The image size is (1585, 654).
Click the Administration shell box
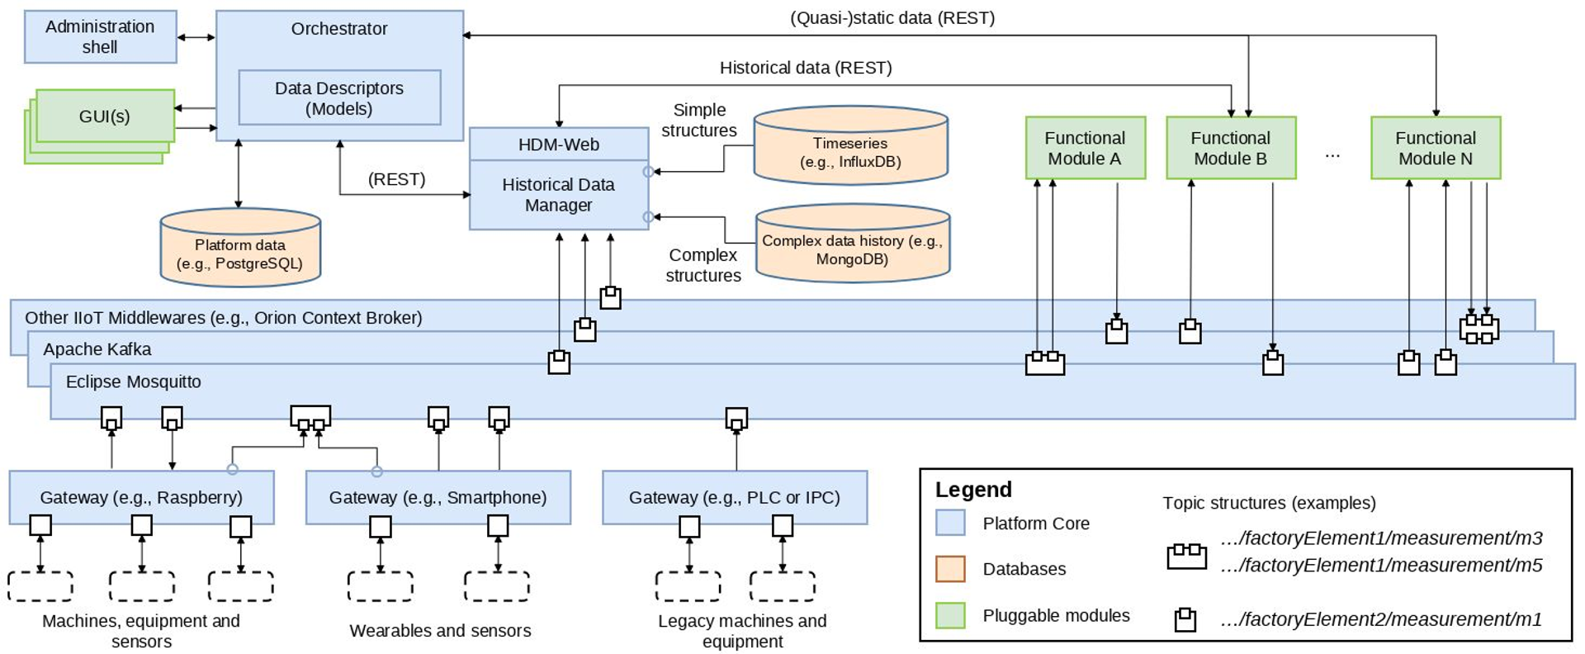click(100, 36)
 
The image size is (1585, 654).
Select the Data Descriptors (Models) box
click(339, 97)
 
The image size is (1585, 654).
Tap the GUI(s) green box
click(105, 116)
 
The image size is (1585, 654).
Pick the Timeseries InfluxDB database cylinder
click(850, 149)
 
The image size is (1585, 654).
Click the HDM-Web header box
click(559, 145)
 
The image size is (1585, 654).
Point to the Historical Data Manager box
click(559, 195)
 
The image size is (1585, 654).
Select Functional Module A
click(1085, 148)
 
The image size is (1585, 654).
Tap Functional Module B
click(1230, 148)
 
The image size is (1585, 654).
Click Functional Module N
click(1435, 148)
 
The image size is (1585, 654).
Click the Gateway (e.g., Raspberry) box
click(141, 497)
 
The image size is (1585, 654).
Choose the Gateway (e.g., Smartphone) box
click(438, 497)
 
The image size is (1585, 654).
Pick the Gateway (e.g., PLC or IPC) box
click(734, 497)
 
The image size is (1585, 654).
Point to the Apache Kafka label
click(97, 349)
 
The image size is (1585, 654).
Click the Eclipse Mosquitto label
click(134, 381)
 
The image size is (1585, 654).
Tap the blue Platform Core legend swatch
click(950, 523)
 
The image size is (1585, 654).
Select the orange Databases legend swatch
click(950, 569)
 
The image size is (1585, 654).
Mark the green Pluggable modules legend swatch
click(950, 615)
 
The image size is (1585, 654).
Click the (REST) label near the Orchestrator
click(397, 179)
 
